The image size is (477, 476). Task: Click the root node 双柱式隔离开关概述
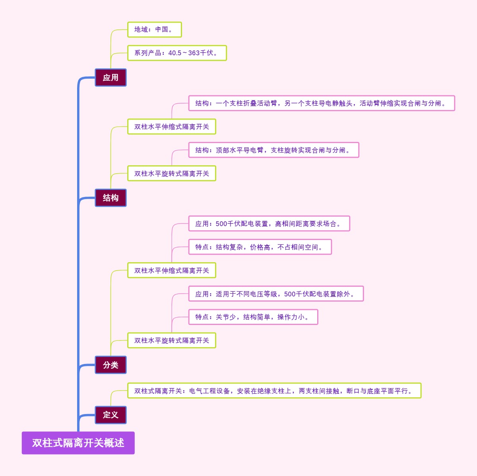click(78, 443)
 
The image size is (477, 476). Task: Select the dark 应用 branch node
click(111, 77)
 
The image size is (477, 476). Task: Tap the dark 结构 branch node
click(111, 198)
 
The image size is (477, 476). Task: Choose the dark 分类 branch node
click(111, 365)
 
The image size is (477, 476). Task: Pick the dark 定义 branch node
click(111, 415)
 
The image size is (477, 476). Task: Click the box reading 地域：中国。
click(154, 29)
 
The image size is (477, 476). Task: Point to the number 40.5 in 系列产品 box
click(175, 53)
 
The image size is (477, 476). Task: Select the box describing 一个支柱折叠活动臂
click(321, 103)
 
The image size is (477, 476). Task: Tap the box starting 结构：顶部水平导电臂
click(273, 150)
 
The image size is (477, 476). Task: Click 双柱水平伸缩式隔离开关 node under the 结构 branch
click(171, 127)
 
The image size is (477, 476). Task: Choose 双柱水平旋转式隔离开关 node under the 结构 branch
click(171, 174)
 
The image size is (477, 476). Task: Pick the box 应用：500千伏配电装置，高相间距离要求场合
click(269, 224)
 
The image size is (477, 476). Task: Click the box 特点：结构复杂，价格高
click(260, 247)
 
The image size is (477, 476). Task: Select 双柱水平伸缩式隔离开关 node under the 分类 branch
click(171, 271)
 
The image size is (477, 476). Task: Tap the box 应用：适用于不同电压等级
click(275, 294)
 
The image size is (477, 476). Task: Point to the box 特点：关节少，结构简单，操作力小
click(253, 317)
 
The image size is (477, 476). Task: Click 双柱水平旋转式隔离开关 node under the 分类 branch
click(171, 341)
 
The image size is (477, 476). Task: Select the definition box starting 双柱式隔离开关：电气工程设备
click(274, 391)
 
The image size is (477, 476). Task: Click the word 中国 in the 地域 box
click(162, 29)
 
